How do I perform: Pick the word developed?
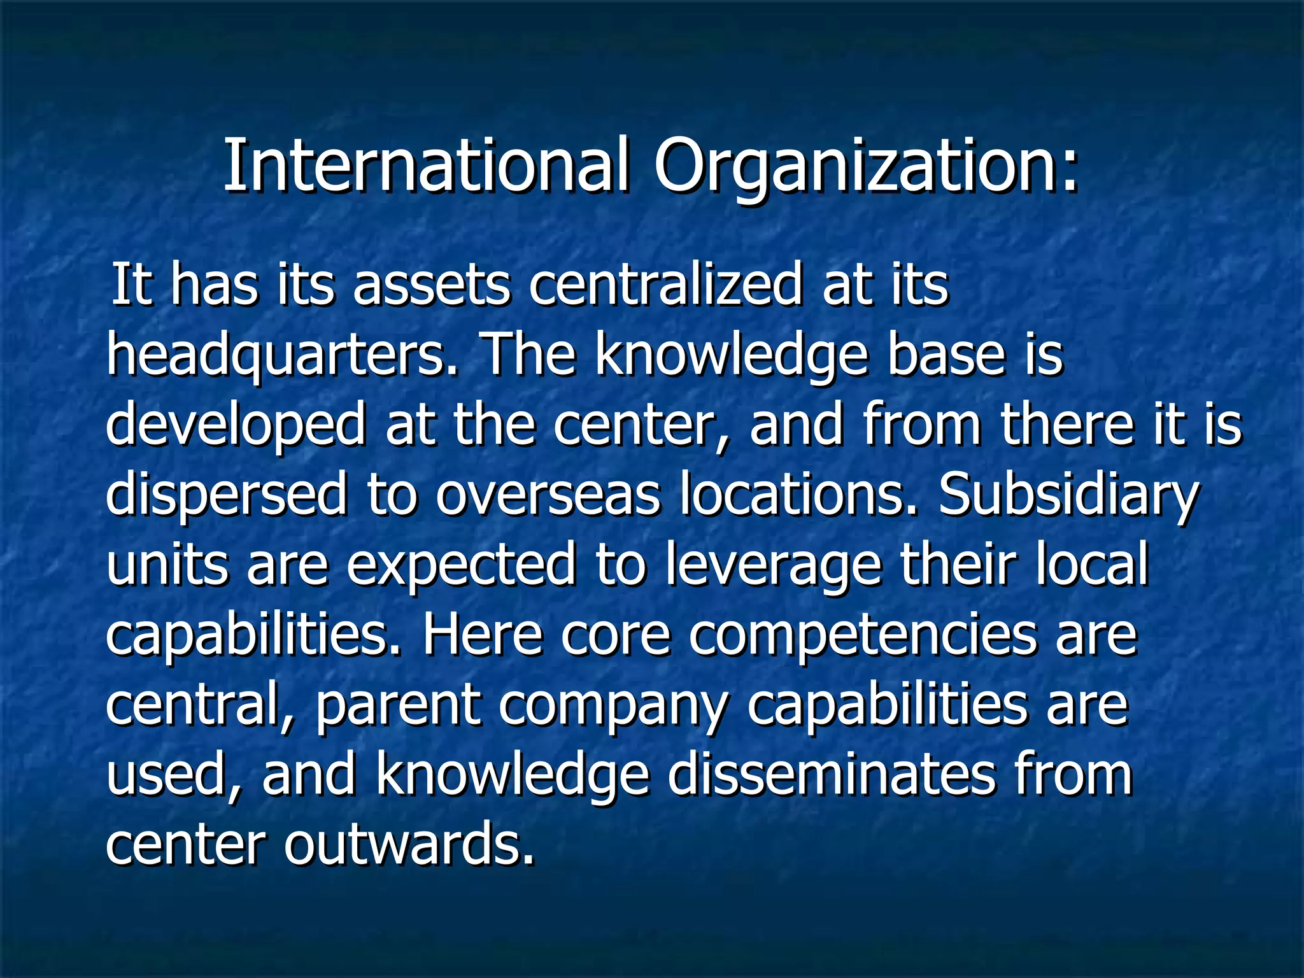[235, 425]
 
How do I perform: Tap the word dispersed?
[226, 495]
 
